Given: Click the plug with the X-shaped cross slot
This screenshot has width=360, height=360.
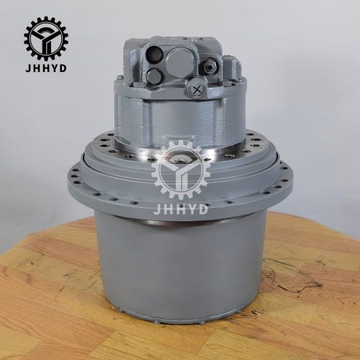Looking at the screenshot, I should [197, 89].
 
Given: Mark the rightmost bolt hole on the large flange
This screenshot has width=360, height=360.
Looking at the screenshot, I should [287, 173].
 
